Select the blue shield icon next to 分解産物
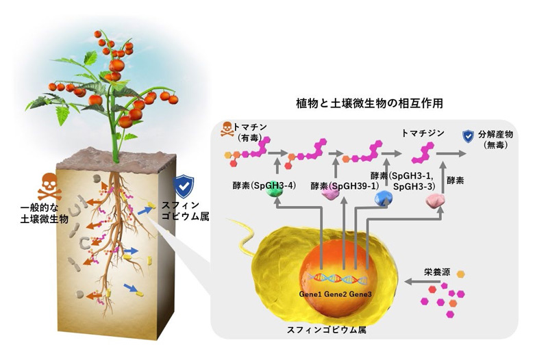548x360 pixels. pos(469,136)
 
